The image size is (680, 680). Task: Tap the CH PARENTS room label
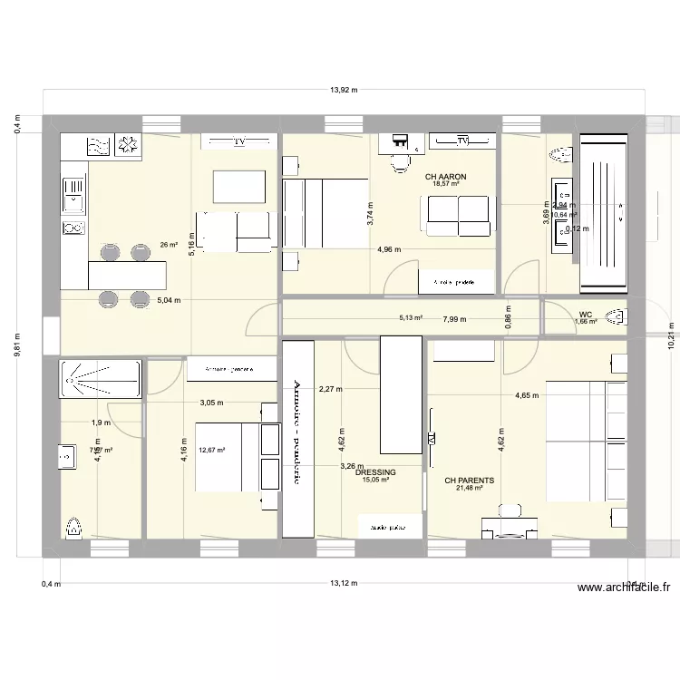click(x=469, y=481)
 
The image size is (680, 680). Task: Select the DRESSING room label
click(x=375, y=472)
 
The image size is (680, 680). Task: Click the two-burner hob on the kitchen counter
click(x=73, y=228)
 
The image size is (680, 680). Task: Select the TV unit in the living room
click(x=239, y=142)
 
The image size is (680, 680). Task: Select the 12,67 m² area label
click(x=211, y=448)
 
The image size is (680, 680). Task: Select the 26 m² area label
click(x=169, y=244)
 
